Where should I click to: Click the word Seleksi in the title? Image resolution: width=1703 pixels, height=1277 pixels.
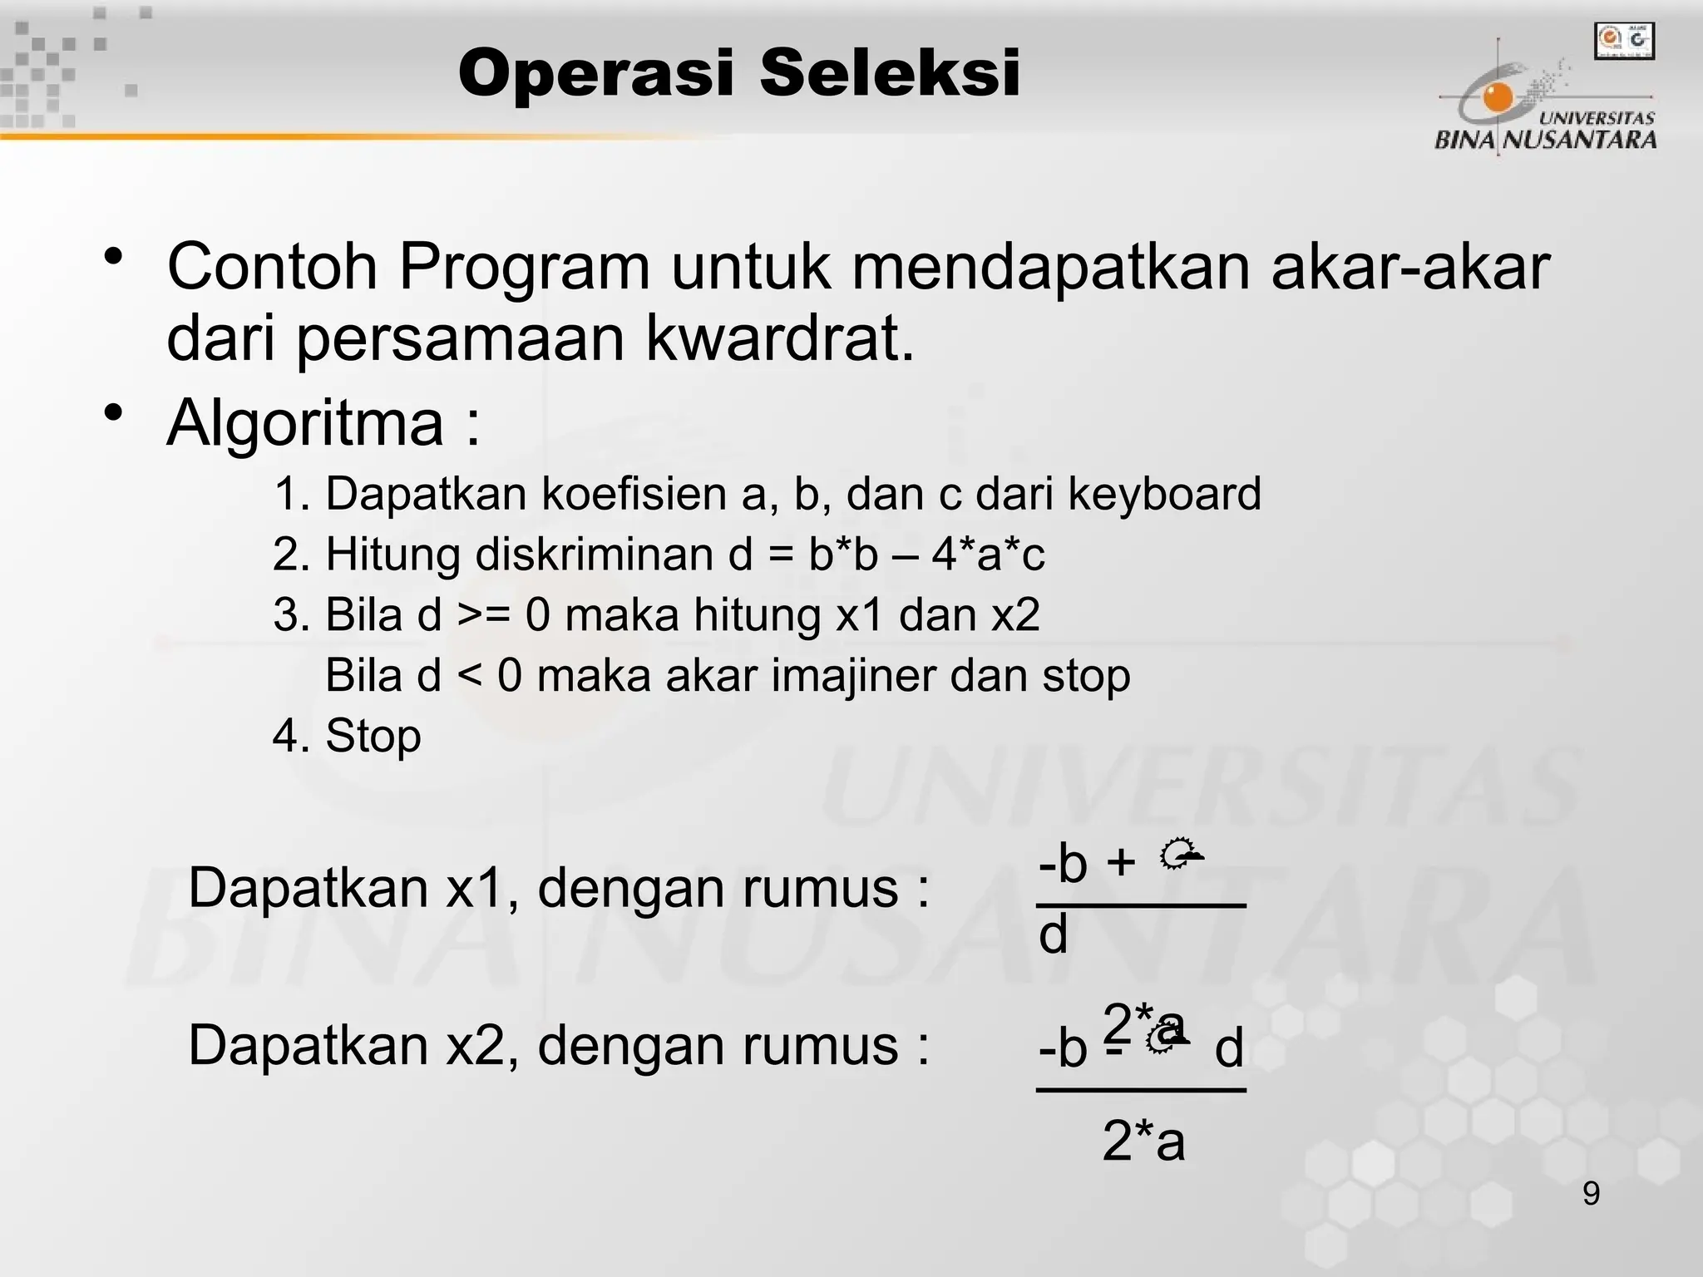[x=889, y=73]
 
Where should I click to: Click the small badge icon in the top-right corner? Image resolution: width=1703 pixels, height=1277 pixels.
[x=1623, y=41]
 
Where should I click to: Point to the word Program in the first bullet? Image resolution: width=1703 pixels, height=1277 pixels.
[x=524, y=267]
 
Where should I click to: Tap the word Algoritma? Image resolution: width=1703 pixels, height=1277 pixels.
[x=305, y=422]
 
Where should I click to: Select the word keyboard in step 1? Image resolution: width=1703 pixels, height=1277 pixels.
[x=1164, y=494]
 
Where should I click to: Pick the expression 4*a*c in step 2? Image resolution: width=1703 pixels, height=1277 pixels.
[x=988, y=555]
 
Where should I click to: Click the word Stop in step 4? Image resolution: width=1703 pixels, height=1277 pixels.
[x=373, y=736]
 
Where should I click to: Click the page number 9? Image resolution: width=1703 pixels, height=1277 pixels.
[x=1591, y=1194]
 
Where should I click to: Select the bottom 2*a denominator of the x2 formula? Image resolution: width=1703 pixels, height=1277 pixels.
[x=1143, y=1141]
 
